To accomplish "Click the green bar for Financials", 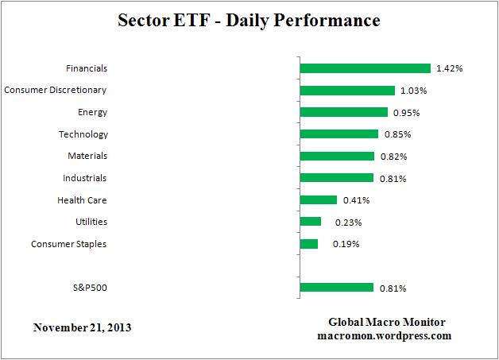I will point(365,68).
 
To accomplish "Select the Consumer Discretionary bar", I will point(347,91).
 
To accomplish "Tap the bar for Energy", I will point(343,112).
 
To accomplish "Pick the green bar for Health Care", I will point(319,199).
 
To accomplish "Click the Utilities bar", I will point(311,222).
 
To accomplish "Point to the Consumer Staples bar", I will point(309,243).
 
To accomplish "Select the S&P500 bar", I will point(337,287).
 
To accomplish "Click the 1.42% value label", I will point(449,69).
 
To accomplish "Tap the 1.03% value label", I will point(413,91).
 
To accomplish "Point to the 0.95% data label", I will point(406,113).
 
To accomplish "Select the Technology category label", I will point(83,134).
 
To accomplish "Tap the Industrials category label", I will point(84,178).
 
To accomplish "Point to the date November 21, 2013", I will point(83,327).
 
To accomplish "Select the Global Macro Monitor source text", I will point(387,322).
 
